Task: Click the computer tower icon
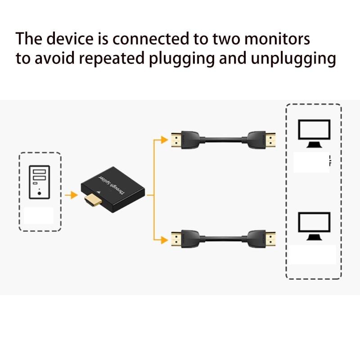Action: [x=40, y=181]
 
